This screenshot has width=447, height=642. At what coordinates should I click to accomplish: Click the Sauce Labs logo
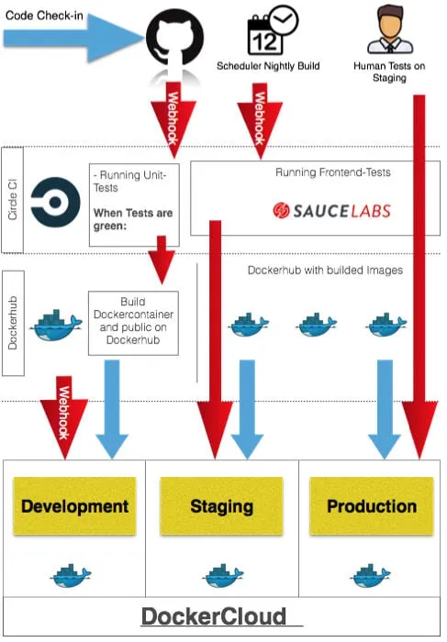[x=331, y=210]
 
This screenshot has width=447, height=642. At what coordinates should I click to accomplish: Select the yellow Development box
[x=74, y=506]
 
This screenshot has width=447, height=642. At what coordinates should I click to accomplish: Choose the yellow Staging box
[x=221, y=506]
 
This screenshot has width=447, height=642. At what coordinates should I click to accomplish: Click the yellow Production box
[x=372, y=506]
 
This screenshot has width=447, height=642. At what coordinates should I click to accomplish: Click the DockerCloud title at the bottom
[x=213, y=615]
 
